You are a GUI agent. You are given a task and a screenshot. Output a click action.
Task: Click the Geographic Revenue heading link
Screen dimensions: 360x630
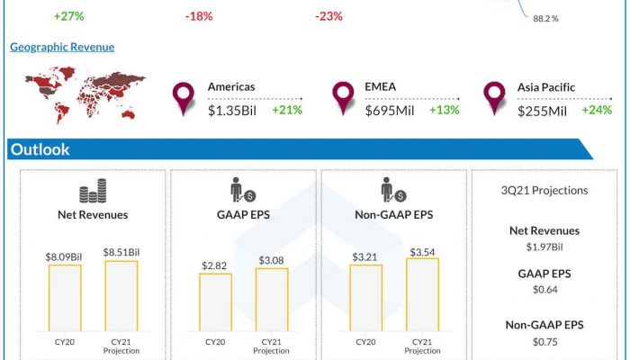[62, 47]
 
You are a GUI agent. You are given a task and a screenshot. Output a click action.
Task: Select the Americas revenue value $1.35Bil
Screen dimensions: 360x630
[232, 110]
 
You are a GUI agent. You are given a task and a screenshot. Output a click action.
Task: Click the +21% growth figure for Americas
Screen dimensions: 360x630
[286, 110]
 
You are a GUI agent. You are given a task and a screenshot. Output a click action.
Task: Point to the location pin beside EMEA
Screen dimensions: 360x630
[342, 97]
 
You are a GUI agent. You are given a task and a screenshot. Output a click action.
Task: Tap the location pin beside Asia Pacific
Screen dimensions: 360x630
[493, 97]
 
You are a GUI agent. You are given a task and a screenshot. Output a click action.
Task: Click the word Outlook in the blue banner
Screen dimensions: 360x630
[40, 149]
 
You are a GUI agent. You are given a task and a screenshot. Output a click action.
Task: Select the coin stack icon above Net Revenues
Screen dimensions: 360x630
[93, 193]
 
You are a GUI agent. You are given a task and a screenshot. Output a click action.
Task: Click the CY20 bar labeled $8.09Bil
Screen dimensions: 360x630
[64, 298]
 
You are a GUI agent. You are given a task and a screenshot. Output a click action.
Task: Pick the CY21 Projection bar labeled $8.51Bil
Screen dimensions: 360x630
[121, 296]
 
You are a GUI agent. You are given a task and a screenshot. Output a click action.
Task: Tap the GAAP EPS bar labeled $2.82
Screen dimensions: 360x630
[215, 302]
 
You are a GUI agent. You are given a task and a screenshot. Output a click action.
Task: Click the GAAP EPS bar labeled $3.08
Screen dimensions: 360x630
[272, 301]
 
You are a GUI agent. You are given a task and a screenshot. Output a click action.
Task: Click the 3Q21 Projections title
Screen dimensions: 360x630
[544, 191]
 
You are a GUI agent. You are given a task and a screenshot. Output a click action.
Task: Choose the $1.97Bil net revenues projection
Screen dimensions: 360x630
[544, 246]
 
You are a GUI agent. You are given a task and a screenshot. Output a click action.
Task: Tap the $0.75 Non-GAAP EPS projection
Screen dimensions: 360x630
[544, 341]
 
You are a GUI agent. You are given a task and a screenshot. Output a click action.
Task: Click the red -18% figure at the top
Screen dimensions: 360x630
[200, 16]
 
